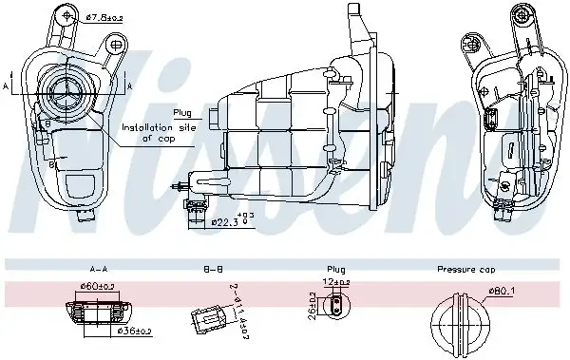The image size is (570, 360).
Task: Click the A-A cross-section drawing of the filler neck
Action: click(99, 311)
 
